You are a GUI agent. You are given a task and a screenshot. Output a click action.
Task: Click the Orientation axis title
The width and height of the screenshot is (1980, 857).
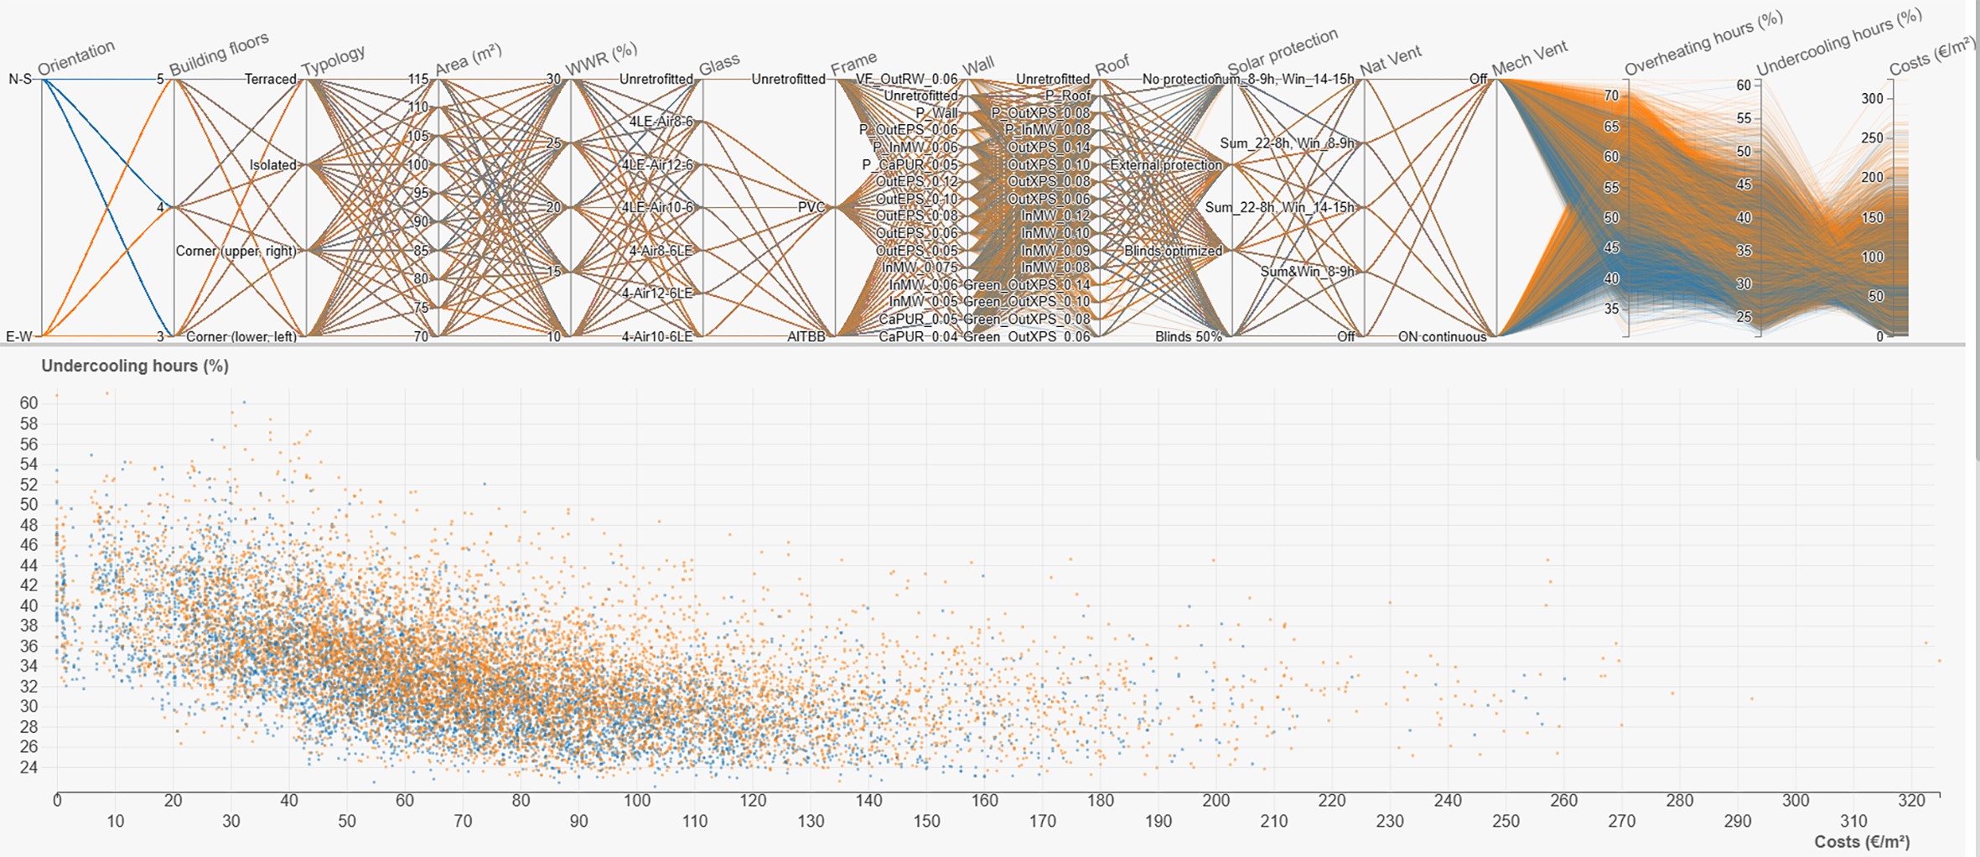pos(76,58)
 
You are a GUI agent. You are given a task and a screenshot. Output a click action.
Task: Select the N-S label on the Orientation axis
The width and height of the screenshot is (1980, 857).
pos(20,80)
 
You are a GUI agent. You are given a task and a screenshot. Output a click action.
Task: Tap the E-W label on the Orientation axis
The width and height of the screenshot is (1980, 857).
pos(18,336)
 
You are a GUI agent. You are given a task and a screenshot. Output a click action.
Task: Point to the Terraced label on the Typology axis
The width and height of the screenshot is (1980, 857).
pos(270,80)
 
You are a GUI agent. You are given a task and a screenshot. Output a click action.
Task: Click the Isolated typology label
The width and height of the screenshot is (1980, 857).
pos(272,165)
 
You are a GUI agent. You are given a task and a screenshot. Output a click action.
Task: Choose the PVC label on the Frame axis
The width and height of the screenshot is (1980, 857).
pos(811,207)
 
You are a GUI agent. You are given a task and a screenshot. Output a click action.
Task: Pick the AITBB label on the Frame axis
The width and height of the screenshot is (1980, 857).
pos(806,336)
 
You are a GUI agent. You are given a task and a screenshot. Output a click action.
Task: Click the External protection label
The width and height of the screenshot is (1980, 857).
pos(1166,165)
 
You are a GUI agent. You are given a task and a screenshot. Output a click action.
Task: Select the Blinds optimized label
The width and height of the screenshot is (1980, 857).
pos(1173,251)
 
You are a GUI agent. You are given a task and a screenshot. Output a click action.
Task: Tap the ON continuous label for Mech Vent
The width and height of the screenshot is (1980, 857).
pos(1442,336)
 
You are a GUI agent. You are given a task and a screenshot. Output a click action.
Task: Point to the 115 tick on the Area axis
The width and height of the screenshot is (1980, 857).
pos(418,80)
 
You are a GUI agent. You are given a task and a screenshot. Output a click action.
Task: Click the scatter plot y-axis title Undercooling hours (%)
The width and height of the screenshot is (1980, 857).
pos(135,366)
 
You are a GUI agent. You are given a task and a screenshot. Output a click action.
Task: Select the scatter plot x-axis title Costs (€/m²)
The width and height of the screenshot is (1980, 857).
pos(1862,841)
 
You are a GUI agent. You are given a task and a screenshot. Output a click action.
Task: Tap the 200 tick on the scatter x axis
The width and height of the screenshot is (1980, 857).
pos(1216,801)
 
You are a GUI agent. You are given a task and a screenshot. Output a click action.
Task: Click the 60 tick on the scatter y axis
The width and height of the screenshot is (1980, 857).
pos(29,403)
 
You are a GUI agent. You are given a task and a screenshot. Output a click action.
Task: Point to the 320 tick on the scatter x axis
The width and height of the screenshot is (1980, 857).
pos(1911,801)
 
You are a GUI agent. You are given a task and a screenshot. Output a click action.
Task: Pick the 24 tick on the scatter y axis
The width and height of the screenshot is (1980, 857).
pos(29,767)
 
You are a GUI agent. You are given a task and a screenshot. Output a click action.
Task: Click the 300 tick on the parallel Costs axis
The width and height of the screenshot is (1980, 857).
pos(1872,98)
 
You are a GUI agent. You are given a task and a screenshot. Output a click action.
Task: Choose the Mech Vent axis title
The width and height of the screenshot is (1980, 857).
pos(1530,59)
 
